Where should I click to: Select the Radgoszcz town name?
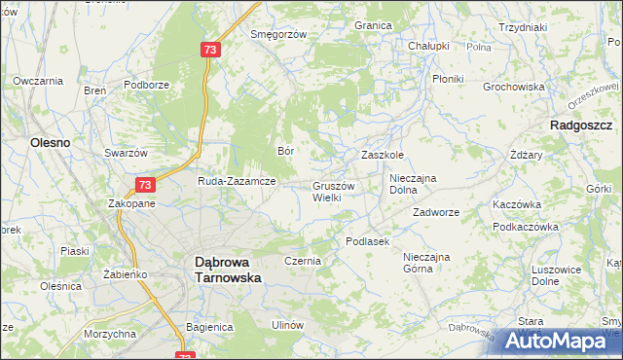pos(580,126)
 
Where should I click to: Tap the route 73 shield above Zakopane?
pos(144,184)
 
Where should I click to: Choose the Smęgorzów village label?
pos(278,34)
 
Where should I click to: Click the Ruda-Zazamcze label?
pos(238,181)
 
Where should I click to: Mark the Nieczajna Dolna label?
pos(417,184)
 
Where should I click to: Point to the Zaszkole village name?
pos(383,155)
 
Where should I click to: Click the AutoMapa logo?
pos(554,340)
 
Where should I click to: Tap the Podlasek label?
pos(367,241)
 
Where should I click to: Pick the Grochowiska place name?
pos(513,87)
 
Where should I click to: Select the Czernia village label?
pos(302,262)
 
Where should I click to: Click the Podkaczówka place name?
pos(525,227)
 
